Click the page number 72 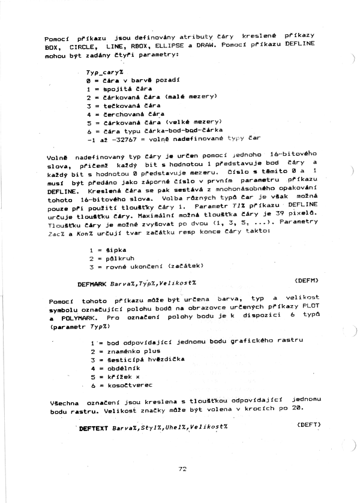182,469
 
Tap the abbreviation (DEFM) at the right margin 307,280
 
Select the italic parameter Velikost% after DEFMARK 178,282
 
